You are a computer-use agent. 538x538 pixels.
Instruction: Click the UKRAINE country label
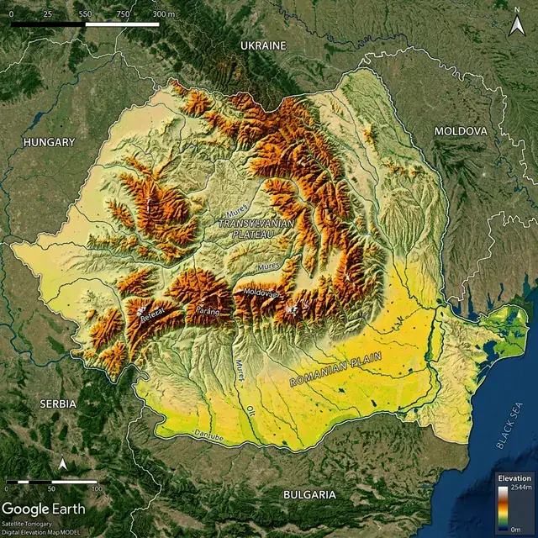point(263,45)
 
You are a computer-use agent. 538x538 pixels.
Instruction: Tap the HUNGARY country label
point(50,143)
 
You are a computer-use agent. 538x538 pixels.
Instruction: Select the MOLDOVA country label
point(460,132)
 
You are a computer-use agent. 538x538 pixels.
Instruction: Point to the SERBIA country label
point(58,403)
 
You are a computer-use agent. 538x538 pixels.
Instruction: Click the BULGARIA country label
point(309,494)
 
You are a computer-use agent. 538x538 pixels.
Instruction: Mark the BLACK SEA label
point(510,425)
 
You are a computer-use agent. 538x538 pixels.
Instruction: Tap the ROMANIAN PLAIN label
point(335,369)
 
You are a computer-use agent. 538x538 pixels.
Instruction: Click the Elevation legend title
point(514,477)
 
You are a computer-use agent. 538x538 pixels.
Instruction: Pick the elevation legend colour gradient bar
point(503,508)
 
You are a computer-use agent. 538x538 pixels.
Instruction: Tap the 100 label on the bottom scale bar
point(97,488)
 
